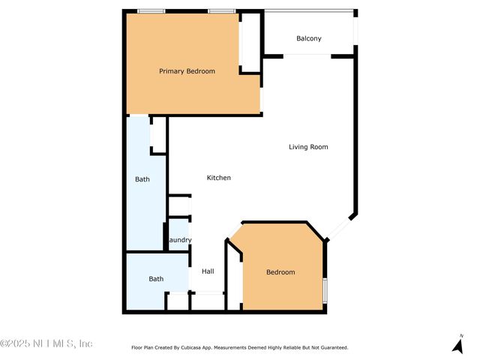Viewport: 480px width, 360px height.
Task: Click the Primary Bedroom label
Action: click(x=187, y=71)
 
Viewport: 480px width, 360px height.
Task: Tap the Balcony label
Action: click(x=309, y=38)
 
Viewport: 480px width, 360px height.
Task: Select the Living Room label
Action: click(x=308, y=147)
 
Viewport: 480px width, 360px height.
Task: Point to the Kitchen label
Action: click(x=218, y=178)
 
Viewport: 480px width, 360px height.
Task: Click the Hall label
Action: click(x=208, y=271)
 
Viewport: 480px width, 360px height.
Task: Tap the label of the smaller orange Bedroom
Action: click(x=280, y=272)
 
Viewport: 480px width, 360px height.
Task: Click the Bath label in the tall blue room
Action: click(x=142, y=179)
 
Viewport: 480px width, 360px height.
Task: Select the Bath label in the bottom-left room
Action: click(x=156, y=279)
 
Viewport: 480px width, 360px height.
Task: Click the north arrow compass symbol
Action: click(x=457, y=344)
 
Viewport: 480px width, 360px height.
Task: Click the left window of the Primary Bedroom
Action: click(x=151, y=11)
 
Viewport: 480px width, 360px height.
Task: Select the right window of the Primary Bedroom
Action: click(x=220, y=11)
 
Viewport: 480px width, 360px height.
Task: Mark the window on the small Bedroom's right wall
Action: click(x=325, y=290)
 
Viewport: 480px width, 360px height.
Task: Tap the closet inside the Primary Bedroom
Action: click(x=249, y=42)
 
